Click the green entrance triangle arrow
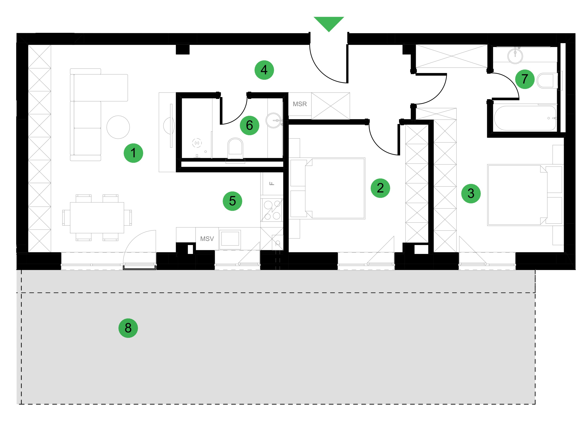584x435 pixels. tap(329, 23)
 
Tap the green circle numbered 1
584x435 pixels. tap(133, 153)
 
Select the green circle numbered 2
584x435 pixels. tap(380, 188)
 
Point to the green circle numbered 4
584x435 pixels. tap(264, 70)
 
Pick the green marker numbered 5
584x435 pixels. tap(232, 201)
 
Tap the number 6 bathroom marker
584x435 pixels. tap(249, 125)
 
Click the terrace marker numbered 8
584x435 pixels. tap(128, 328)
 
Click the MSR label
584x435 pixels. tap(300, 104)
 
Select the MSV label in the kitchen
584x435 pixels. tap(207, 239)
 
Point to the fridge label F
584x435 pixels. tap(272, 183)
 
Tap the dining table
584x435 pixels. tap(97, 217)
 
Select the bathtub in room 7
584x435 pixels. tap(525, 118)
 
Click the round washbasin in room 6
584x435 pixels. tap(274, 120)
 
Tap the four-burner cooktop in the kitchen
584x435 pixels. tap(272, 210)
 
